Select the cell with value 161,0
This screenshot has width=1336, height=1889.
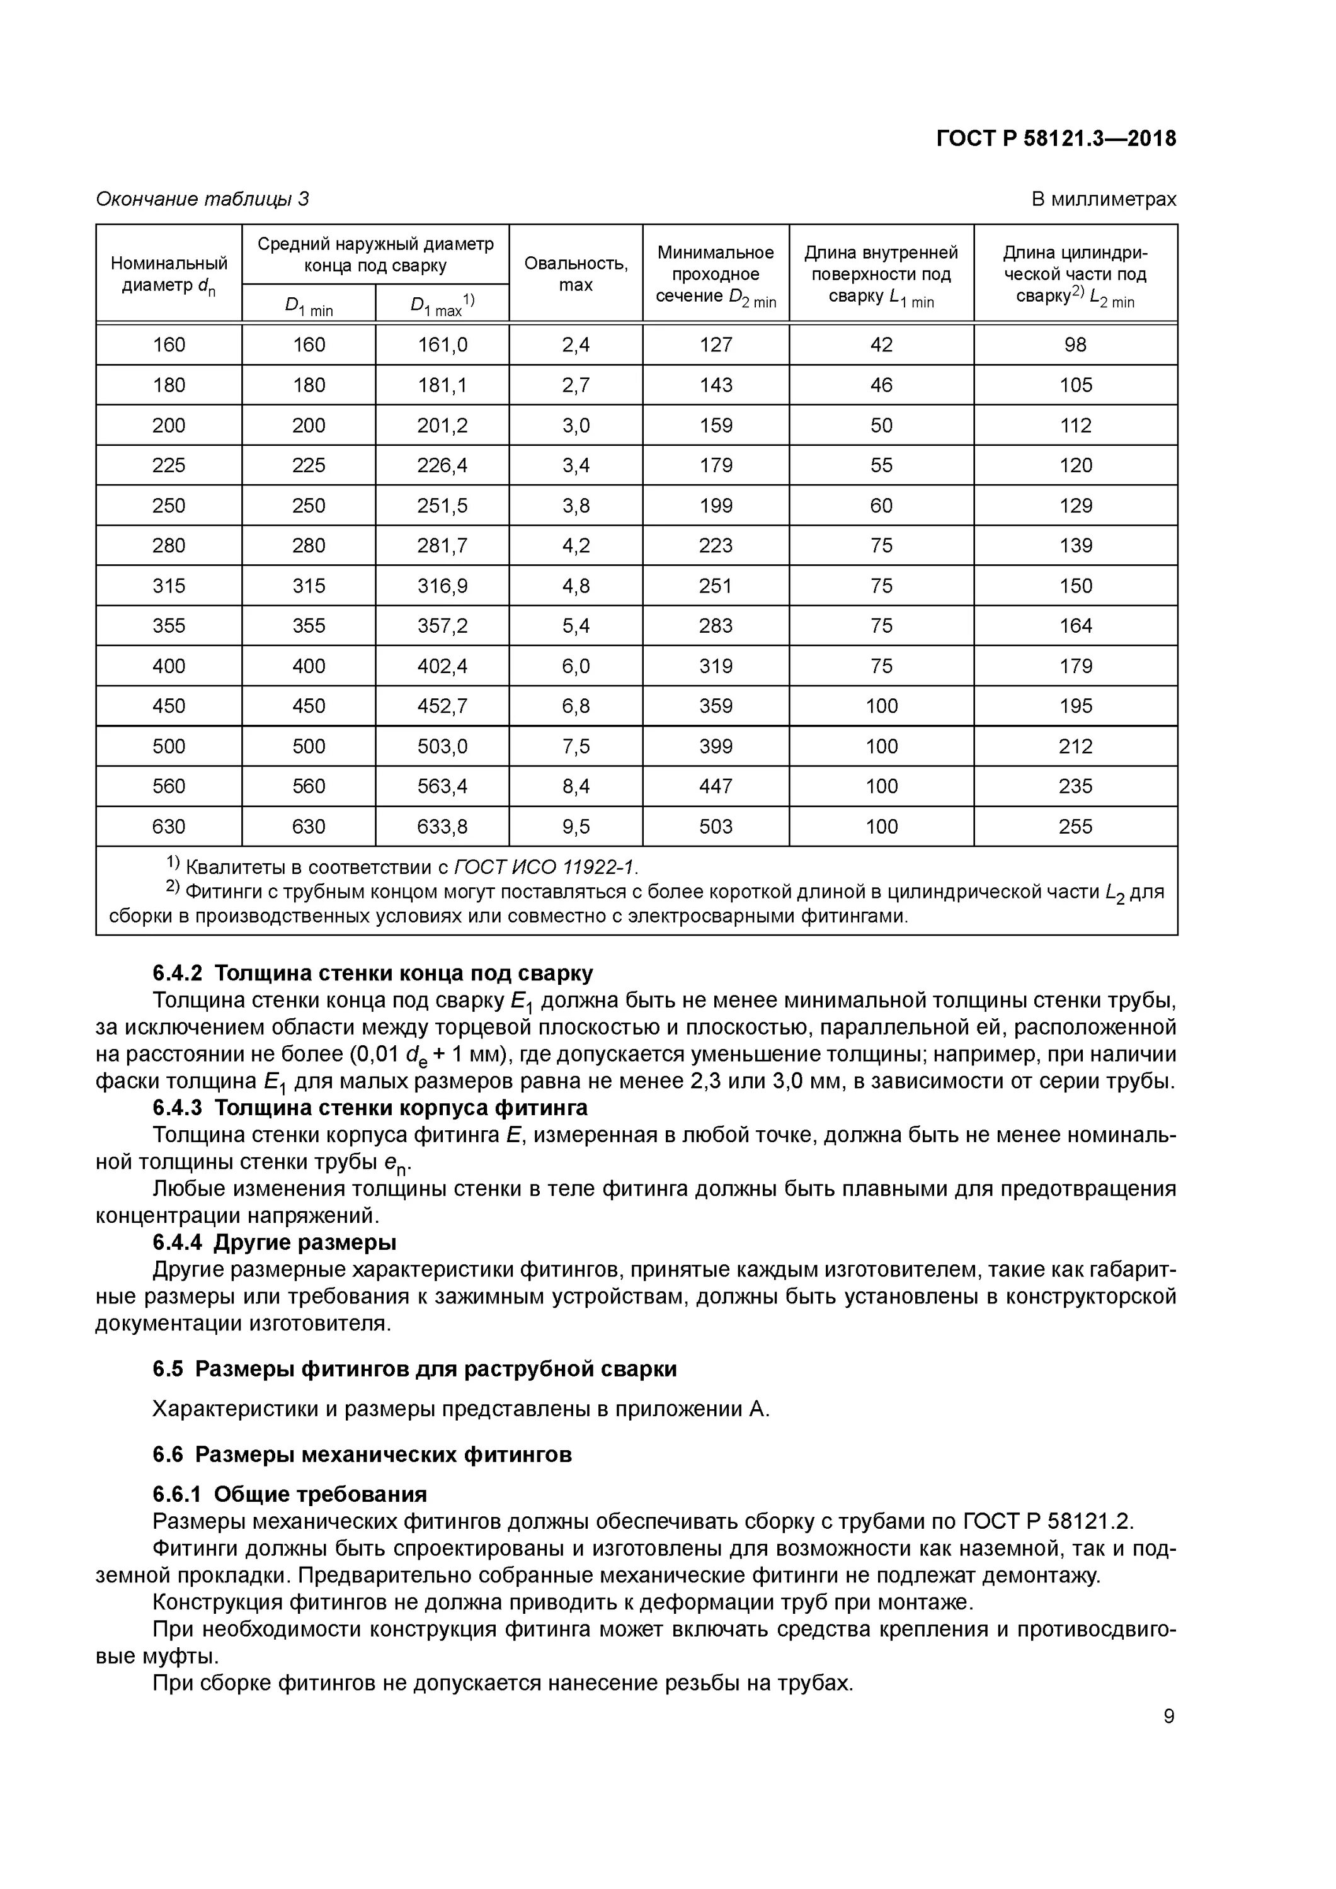[442, 344]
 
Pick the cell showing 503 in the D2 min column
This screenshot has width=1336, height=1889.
[716, 826]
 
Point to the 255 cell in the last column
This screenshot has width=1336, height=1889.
[1075, 826]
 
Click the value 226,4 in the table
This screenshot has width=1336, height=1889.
[442, 466]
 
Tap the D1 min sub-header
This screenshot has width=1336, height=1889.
[309, 306]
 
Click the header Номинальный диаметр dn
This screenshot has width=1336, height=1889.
[169, 273]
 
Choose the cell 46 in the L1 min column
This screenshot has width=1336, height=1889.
[881, 385]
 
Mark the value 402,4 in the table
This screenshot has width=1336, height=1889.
[442, 666]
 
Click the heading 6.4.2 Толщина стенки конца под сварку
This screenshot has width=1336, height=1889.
[372, 973]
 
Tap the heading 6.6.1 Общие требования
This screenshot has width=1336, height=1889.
[290, 1494]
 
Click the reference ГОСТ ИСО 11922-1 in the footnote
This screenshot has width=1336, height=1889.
[545, 867]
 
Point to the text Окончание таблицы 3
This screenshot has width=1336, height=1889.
[202, 199]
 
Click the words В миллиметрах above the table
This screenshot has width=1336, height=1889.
[1103, 199]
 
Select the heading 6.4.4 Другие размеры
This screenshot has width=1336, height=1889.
[274, 1242]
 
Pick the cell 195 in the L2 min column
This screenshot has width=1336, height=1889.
[1075, 706]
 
